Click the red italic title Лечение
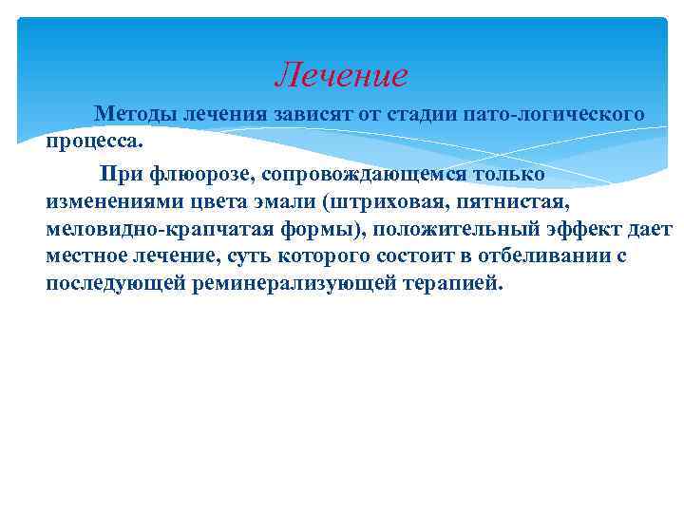tap(341, 73)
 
